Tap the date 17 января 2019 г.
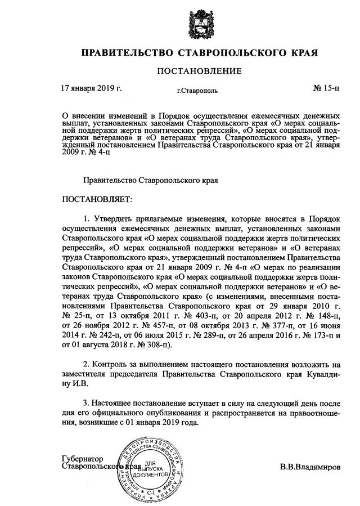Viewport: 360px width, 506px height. tap(91, 88)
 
